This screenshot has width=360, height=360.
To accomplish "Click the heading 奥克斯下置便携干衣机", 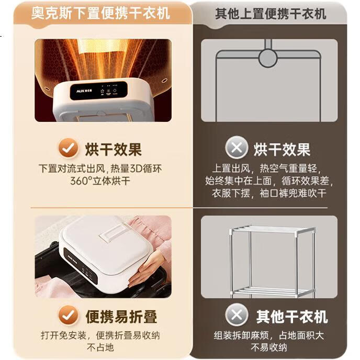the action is click(x=100, y=13).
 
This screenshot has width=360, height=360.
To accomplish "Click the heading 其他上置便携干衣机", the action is click(x=271, y=14).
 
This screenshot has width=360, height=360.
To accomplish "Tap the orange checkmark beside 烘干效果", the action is click(x=68, y=148).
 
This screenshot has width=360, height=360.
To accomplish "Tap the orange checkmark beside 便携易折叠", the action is click(x=68, y=315).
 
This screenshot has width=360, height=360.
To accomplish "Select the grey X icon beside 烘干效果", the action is click(x=237, y=148).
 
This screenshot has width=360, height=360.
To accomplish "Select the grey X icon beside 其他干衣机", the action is click(x=237, y=314).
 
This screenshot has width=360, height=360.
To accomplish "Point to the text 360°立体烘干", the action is click(x=100, y=181).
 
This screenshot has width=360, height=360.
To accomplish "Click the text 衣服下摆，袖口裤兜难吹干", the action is click(x=269, y=193).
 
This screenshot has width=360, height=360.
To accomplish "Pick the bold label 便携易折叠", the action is click(x=121, y=317).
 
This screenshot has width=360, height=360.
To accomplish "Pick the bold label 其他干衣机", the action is click(x=292, y=317).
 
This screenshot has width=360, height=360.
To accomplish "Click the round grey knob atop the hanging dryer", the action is click(x=268, y=58).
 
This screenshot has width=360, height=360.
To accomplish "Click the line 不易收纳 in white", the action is click(x=269, y=347).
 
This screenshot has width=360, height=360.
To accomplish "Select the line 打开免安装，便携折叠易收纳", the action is click(x=100, y=335).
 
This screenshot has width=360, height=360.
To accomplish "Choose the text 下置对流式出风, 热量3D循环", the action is click(x=100, y=168).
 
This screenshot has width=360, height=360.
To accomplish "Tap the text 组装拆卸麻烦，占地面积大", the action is click(x=269, y=335).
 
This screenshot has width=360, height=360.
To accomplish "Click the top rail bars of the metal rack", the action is click(x=273, y=229).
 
